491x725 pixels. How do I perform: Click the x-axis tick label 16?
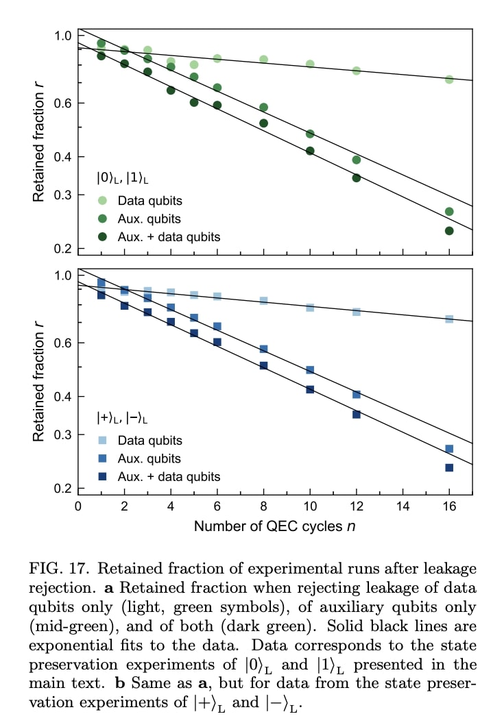coord(449,506)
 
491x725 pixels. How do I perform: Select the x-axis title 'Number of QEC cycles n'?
coord(274,526)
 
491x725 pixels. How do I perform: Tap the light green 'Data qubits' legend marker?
coord(102,201)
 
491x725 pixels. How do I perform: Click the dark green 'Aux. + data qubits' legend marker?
coord(102,236)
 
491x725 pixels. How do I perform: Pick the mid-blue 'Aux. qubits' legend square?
coord(102,458)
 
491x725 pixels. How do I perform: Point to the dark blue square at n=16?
coord(449,467)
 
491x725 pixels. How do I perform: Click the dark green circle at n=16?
coord(449,231)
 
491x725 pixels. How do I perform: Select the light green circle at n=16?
coord(449,79)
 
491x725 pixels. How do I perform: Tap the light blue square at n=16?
coord(449,319)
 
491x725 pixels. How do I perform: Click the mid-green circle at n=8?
coord(263,108)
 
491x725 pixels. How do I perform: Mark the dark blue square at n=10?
coord(310,389)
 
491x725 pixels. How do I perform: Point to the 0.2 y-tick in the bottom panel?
coord(61,489)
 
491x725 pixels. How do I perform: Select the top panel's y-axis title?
coord(39,141)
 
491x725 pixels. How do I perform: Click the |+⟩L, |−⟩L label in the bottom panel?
coord(122,417)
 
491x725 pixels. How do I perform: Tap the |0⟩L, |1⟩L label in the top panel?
coord(122,178)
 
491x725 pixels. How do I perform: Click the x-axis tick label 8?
coord(263,506)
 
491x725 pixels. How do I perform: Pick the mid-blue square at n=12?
coord(356,395)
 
